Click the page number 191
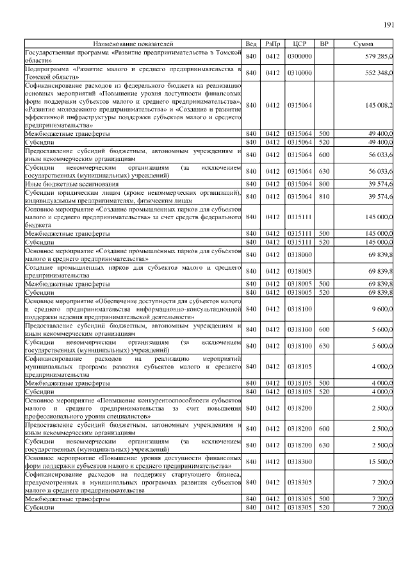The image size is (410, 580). [x=388, y=25]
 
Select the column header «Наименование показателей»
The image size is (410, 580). [x=133, y=44]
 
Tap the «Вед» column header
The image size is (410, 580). [x=251, y=44]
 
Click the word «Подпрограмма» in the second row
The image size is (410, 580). [x=46, y=69]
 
